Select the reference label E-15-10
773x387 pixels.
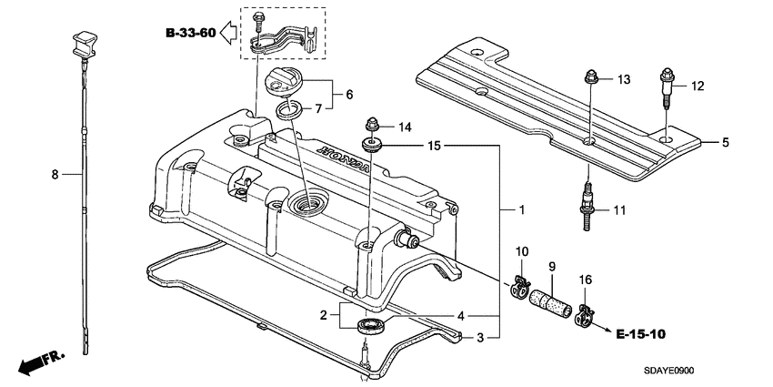(x=640, y=334)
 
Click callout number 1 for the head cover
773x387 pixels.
(x=521, y=209)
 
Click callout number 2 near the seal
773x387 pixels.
(x=322, y=315)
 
